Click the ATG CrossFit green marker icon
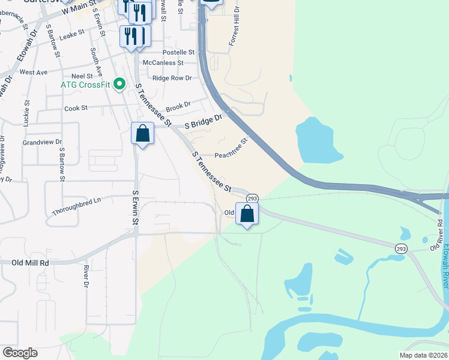coord(119,84)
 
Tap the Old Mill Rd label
coord(30,263)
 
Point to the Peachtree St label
coord(231,149)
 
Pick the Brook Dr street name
coord(178,106)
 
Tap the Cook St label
coord(76,108)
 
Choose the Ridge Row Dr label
coord(172,78)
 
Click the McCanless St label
coord(163,62)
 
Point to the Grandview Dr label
coord(42,143)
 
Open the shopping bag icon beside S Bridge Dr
coord(142,133)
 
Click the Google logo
coord(20,353)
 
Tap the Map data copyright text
coord(423,355)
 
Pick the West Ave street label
coord(34,72)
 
